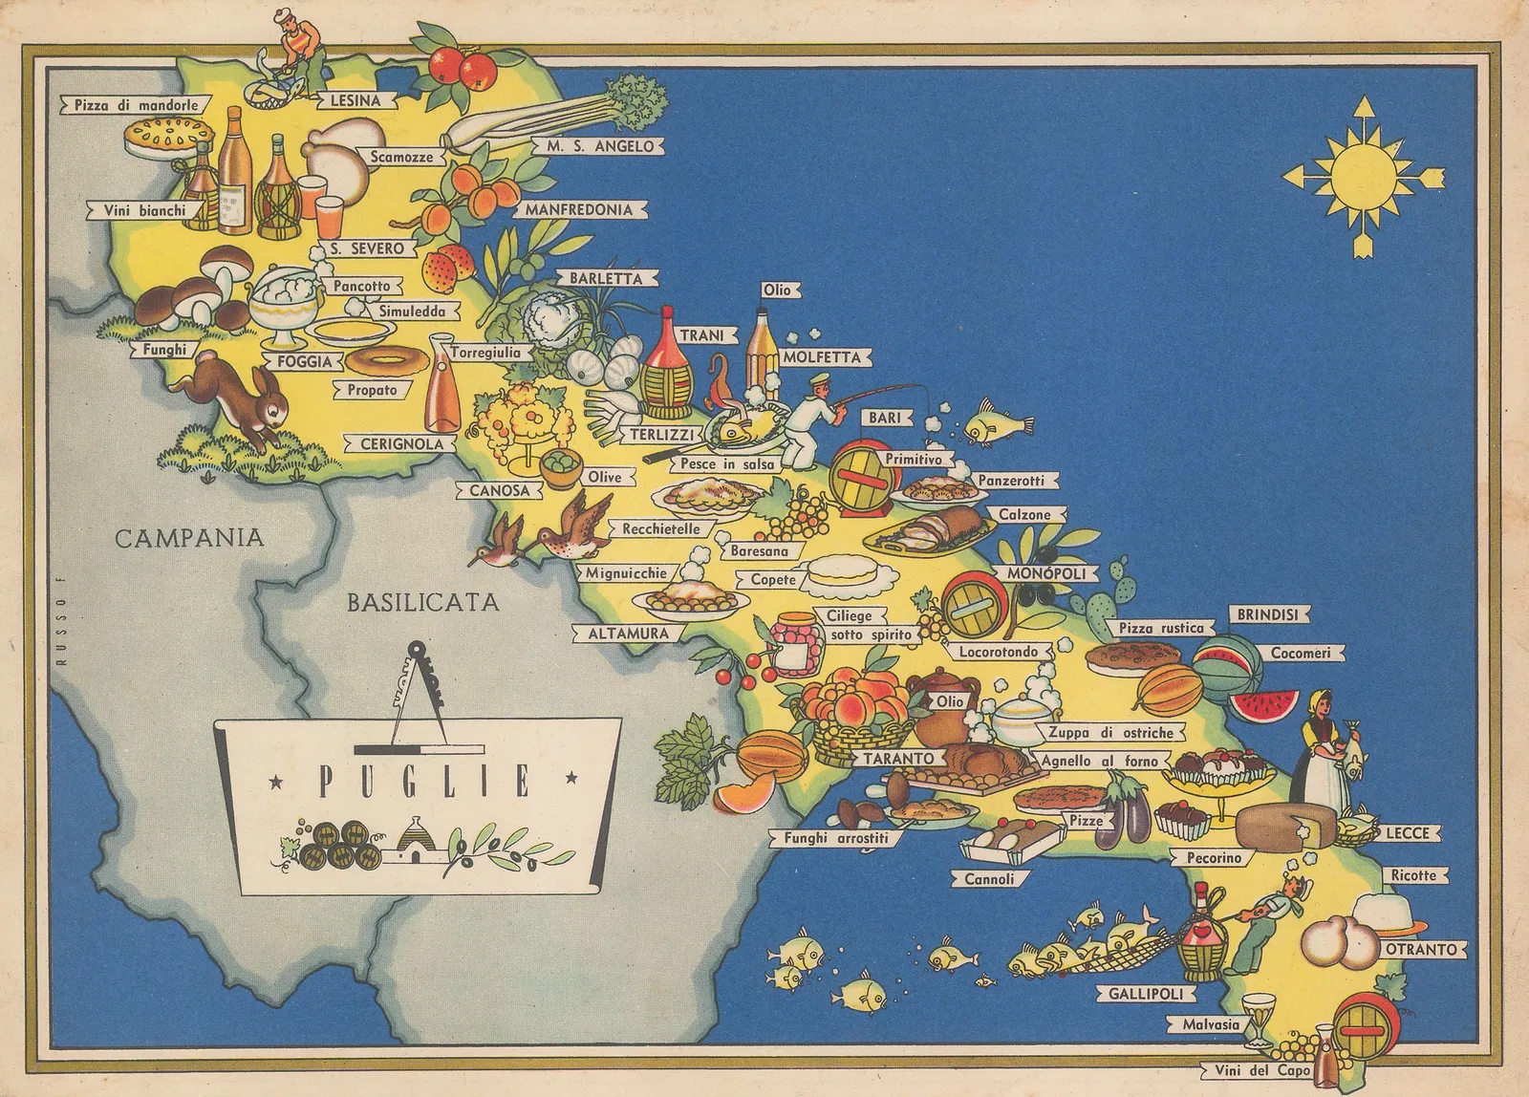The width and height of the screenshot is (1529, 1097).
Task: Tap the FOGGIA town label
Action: pyautogui.click(x=304, y=362)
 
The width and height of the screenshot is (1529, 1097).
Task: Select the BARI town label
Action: pyautogui.click(x=886, y=419)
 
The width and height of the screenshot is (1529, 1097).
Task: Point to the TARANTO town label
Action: pyautogui.click(x=897, y=758)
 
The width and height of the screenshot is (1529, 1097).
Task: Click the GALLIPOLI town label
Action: pyautogui.click(x=1145, y=993)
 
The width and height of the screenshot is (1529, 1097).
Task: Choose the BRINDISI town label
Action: pyautogui.click(x=1268, y=614)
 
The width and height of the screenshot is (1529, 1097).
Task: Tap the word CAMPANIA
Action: pyautogui.click(x=189, y=538)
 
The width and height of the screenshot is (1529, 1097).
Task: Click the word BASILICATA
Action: pyautogui.click(x=422, y=602)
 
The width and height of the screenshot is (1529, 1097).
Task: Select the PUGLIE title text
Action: pyautogui.click(x=423, y=784)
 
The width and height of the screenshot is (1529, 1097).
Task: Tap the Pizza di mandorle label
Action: pyautogui.click(x=137, y=105)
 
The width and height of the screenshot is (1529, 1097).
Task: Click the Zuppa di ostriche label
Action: pyautogui.click(x=1109, y=733)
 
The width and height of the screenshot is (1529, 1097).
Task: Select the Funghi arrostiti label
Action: pyautogui.click(x=836, y=838)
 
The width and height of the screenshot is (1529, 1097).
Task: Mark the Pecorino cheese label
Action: pyautogui.click(x=1215, y=858)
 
